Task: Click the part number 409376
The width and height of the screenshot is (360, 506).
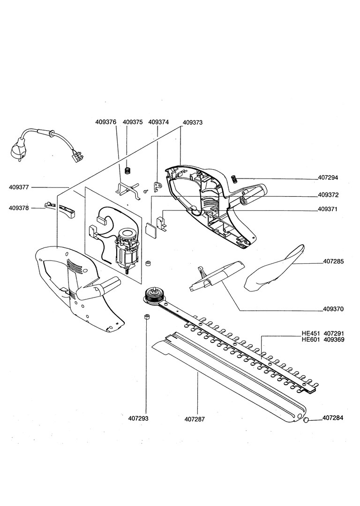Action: click(x=106, y=122)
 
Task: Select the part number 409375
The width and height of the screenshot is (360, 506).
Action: click(x=133, y=122)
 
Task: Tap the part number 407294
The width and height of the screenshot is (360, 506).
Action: click(x=328, y=178)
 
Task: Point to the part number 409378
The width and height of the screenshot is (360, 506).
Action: click(x=19, y=208)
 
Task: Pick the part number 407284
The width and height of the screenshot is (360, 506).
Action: click(x=333, y=418)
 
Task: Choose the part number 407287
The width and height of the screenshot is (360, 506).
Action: click(x=195, y=419)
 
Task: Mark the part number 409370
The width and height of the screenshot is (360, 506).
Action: click(x=333, y=309)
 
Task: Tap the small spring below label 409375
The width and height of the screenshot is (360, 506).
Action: click(x=128, y=170)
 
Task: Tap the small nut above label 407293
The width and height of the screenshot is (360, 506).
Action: click(x=146, y=317)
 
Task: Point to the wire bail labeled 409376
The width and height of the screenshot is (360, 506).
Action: click(x=128, y=190)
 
